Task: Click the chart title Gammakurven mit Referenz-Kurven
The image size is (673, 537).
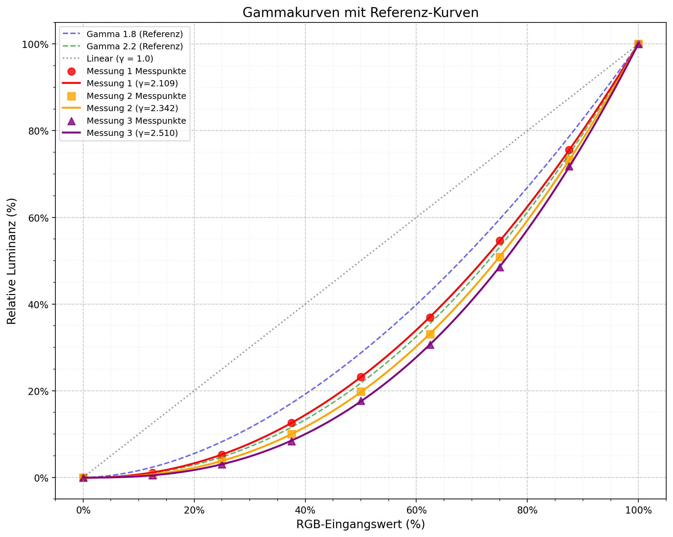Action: click(x=360, y=13)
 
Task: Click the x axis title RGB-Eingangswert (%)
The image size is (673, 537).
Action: click(x=360, y=524)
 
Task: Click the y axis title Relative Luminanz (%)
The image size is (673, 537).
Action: click(x=12, y=261)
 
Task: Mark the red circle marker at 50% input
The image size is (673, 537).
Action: click(x=361, y=377)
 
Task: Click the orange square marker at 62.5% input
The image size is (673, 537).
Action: click(x=430, y=334)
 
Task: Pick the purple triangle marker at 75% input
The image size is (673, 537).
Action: click(x=499, y=267)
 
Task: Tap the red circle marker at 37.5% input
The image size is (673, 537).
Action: click(x=291, y=423)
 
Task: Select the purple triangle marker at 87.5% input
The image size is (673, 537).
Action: click(x=569, y=167)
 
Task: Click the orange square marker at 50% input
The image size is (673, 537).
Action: click(x=361, y=392)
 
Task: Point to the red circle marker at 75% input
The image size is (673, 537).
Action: click(x=499, y=241)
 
